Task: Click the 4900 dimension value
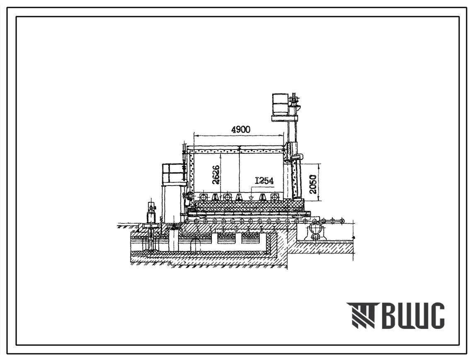tap(240, 130)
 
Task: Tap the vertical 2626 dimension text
tap(216, 175)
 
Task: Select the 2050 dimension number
tap(313, 184)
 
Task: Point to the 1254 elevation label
tap(264, 181)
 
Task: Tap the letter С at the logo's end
tap(436, 316)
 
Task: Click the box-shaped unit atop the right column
tap(280, 104)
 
